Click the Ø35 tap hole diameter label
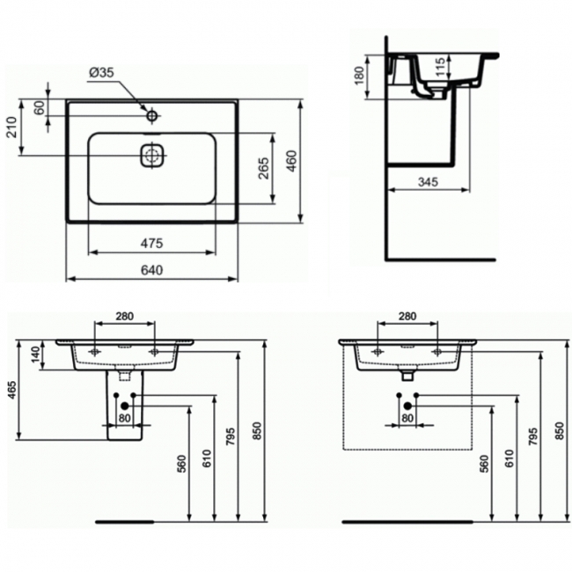[101, 75]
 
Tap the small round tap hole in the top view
[151, 114]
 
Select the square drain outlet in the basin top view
[151, 155]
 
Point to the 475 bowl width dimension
[151, 243]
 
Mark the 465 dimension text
[12, 392]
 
